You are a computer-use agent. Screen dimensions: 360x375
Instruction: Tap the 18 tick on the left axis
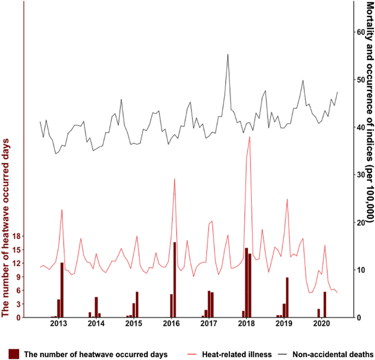click(x=15, y=236)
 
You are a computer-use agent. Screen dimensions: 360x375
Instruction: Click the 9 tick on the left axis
click(x=18, y=277)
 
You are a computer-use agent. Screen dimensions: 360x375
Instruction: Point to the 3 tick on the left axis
click(x=18, y=304)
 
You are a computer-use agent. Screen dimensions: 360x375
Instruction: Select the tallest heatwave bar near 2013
click(x=62, y=290)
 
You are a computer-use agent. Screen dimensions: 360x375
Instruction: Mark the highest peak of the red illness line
click(x=250, y=137)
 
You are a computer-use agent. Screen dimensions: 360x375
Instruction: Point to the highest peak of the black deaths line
click(x=228, y=54)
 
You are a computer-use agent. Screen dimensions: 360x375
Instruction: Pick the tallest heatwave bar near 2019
click(x=287, y=297)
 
